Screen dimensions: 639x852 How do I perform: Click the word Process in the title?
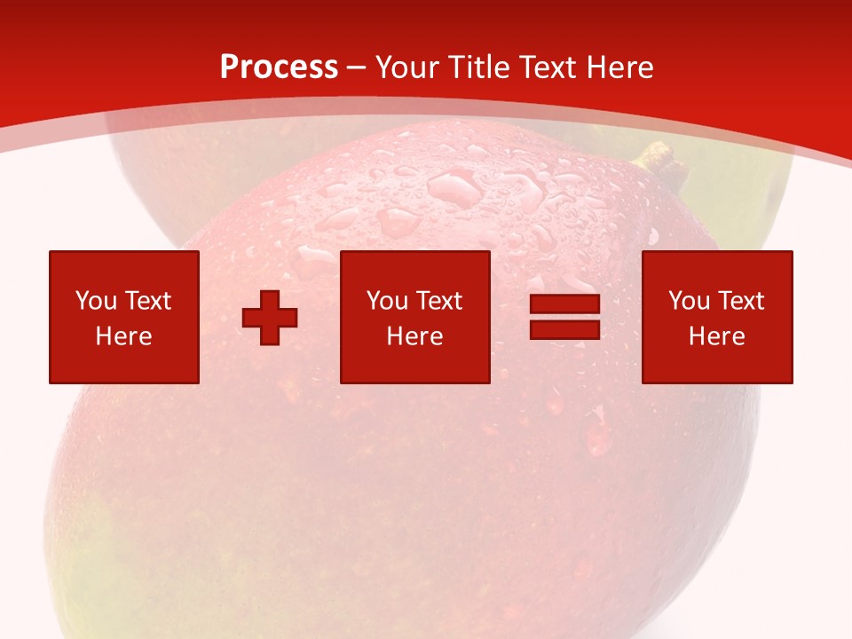point(279,67)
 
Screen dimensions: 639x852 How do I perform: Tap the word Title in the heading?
point(478,67)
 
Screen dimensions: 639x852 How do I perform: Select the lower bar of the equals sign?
point(564,329)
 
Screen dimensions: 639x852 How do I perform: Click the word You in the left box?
point(96,301)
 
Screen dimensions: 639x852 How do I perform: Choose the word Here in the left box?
point(123,336)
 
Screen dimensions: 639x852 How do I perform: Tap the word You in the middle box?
point(387,301)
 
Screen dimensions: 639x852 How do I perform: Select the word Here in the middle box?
point(414,336)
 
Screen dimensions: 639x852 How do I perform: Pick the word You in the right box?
point(689,301)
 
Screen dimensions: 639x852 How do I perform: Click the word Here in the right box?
point(716,336)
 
